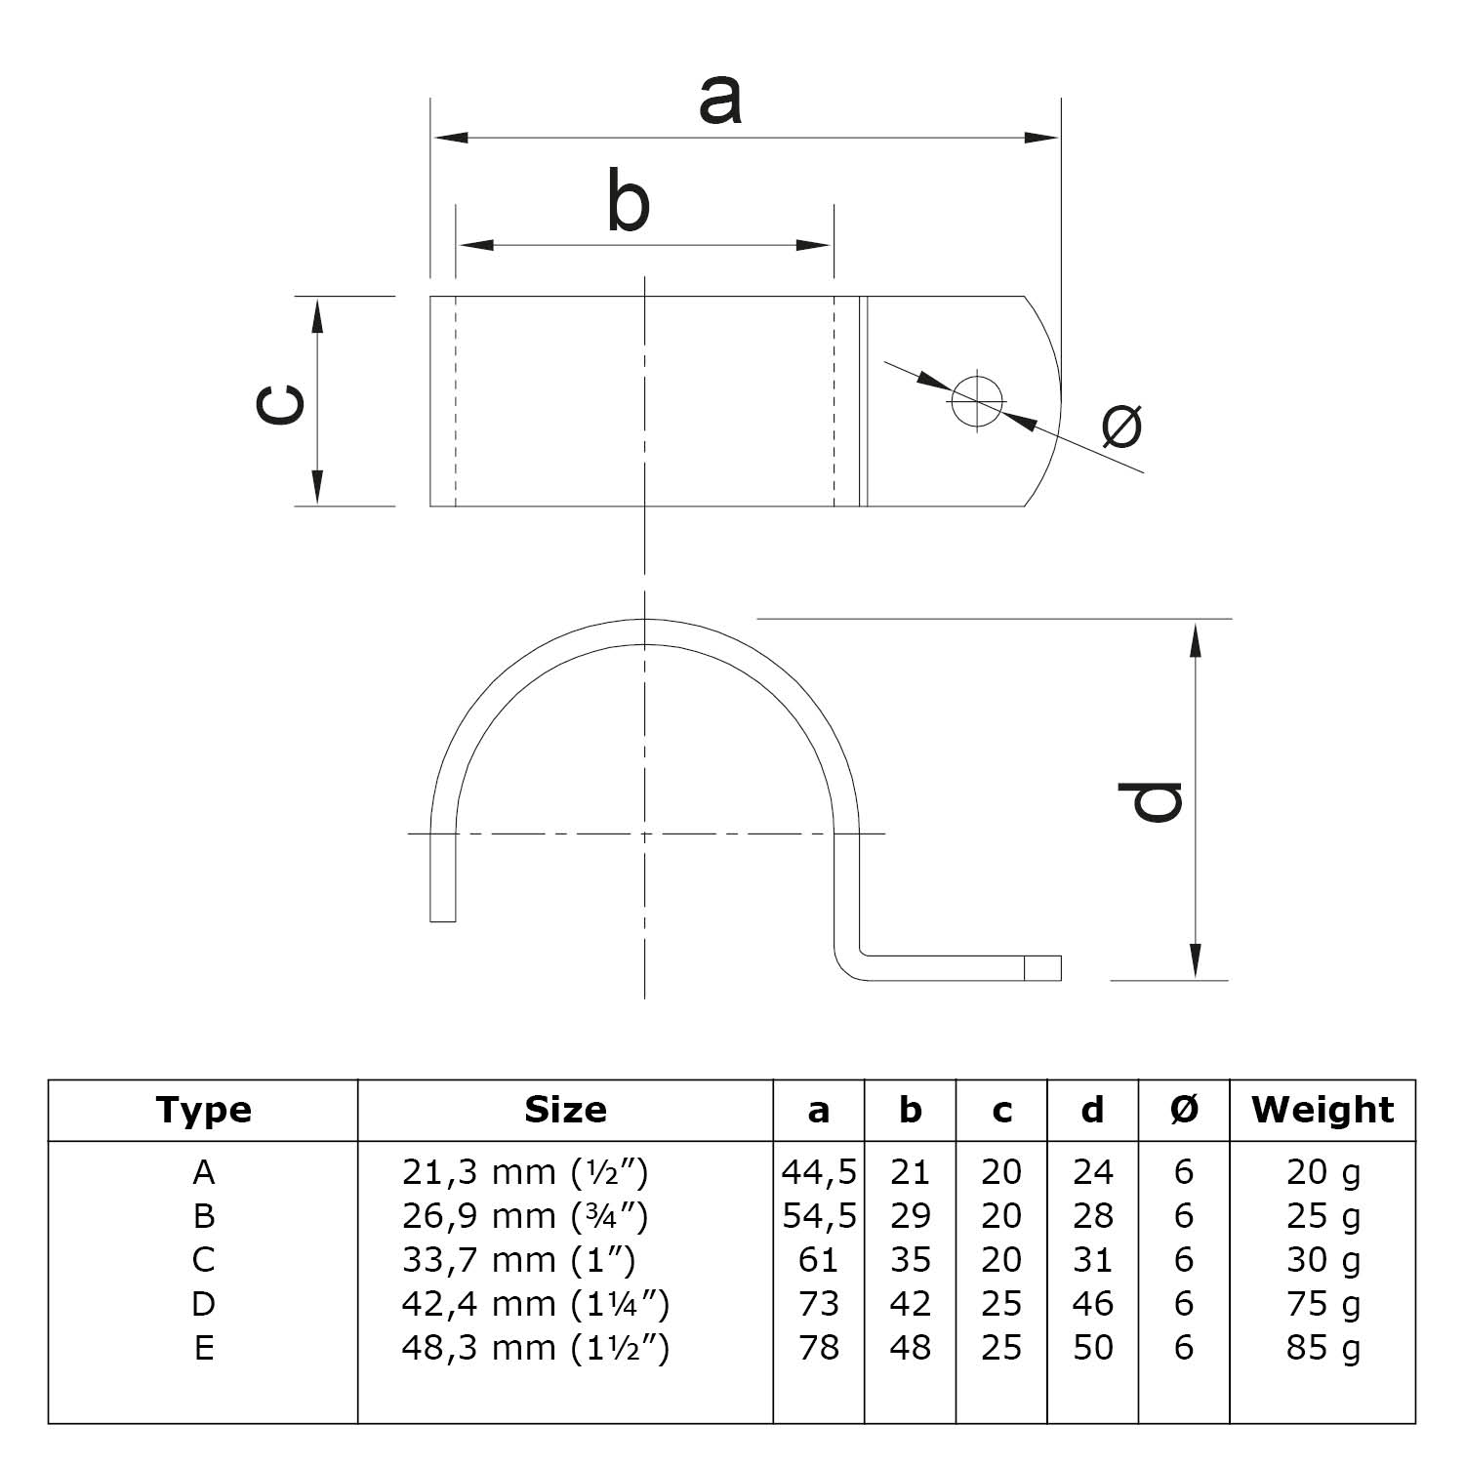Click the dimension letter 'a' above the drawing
click(x=720, y=102)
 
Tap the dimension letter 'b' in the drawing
click(x=628, y=201)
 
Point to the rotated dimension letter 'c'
click(x=279, y=403)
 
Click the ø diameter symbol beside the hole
click(x=1121, y=426)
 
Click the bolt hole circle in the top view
click(x=977, y=401)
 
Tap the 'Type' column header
click(x=203, y=1110)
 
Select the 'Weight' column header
click(x=1323, y=1110)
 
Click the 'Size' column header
click(x=565, y=1110)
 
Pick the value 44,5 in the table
click(x=819, y=1171)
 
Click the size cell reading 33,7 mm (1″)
click(x=518, y=1260)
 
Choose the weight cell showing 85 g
click(x=1323, y=1348)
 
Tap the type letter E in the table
click(x=203, y=1348)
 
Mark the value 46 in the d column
click(x=1092, y=1304)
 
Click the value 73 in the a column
click(x=819, y=1304)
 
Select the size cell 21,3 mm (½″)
click(x=525, y=1171)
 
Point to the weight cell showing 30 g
click(x=1323, y=1260)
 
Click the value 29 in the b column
click(x=910, y=1216)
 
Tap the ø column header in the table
click(x=1184, y=1110)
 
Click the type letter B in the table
click(x=203, y=1216)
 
